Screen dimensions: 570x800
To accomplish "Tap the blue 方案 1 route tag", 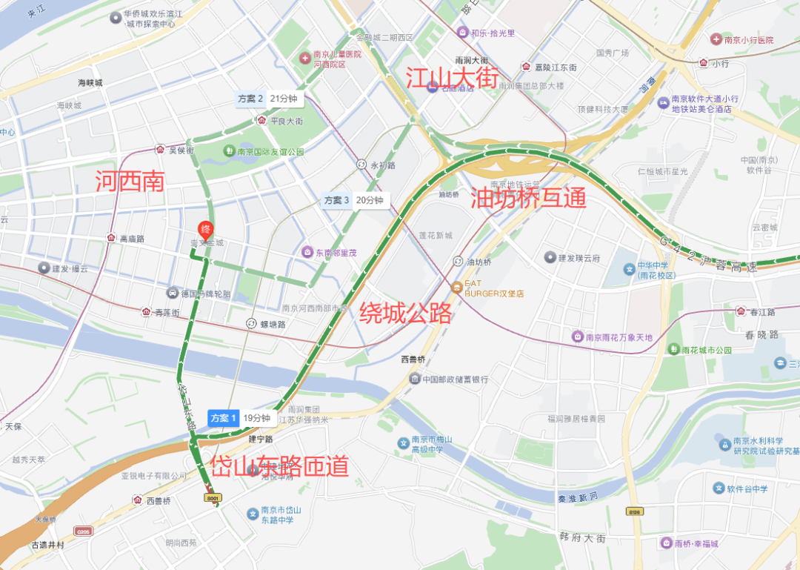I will tap(223, 418).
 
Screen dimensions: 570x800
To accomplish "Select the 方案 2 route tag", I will tap(251, 98).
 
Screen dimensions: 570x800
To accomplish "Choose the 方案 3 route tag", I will tap(336, 200).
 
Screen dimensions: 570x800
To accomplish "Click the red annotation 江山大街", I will tap(451, 76).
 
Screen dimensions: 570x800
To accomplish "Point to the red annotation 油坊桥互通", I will tap(528, 198).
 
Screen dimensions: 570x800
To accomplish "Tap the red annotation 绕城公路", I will tap(405, 313).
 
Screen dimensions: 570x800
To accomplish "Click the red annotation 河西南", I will tap(130, 182).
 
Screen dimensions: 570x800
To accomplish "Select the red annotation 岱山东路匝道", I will tap(279, 465).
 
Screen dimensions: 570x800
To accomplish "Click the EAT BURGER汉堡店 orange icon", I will tap(457, 287).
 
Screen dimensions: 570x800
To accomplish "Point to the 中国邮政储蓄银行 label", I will tap(454, 380).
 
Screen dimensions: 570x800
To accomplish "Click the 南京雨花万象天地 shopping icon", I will tap(577, 337).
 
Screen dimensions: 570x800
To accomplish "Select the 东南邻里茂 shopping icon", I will tap(307, 252).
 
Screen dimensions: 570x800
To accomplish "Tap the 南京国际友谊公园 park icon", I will tap(230, 151).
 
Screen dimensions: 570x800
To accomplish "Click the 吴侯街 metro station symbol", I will tap(160, 150).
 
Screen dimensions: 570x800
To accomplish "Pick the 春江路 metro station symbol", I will tap(740, 311).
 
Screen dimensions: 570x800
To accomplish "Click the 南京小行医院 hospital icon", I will tap(716, 39).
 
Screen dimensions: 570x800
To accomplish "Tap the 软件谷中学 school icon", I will tap(718, 488).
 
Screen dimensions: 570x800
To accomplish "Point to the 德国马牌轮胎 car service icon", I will tap(173, 294).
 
